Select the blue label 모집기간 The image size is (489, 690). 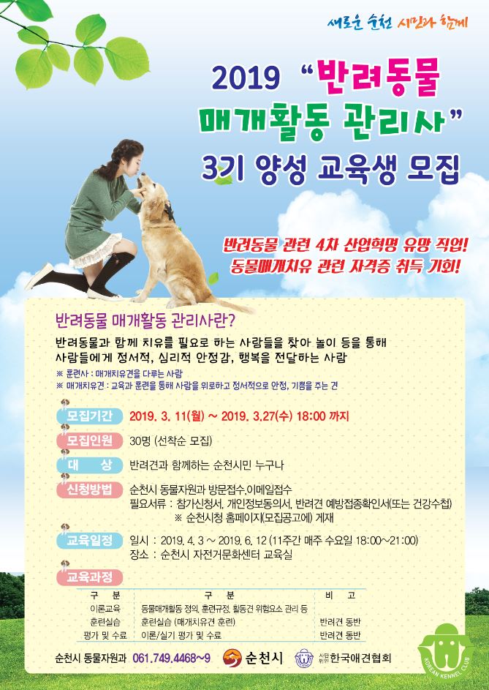click(90, 416)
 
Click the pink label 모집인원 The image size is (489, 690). click(90, 440)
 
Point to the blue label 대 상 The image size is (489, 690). click(90, 465)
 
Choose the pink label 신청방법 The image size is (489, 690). click(90, 490)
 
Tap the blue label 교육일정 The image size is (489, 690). click(90, 541)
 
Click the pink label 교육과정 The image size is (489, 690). click(90, 577)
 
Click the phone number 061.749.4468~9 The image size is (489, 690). click(171, 659)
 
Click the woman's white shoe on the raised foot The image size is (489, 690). click(39, 277)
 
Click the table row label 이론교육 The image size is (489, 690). click(105, 609)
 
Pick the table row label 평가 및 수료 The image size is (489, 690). click(105, 635)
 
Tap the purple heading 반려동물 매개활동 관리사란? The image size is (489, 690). click(144, 320)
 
